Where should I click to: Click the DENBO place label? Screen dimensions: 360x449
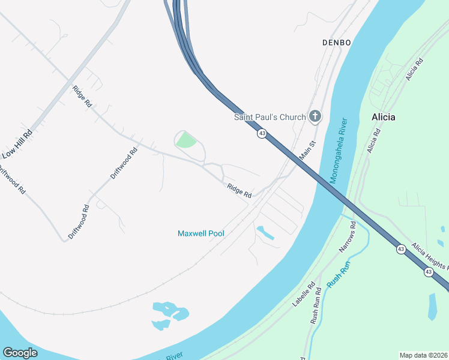336,43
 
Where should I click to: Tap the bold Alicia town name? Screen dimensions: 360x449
383,117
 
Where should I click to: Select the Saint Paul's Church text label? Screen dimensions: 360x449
270,117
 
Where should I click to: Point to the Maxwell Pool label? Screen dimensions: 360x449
201,233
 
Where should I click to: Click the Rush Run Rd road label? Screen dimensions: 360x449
316,307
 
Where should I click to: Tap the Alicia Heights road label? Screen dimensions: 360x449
429,256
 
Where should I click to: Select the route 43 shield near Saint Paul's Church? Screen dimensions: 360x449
262,133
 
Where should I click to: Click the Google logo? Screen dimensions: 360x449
20,353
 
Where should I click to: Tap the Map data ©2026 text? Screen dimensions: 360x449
423,355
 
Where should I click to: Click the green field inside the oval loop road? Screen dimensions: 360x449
187,141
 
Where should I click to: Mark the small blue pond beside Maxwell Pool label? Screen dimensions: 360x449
265,233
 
